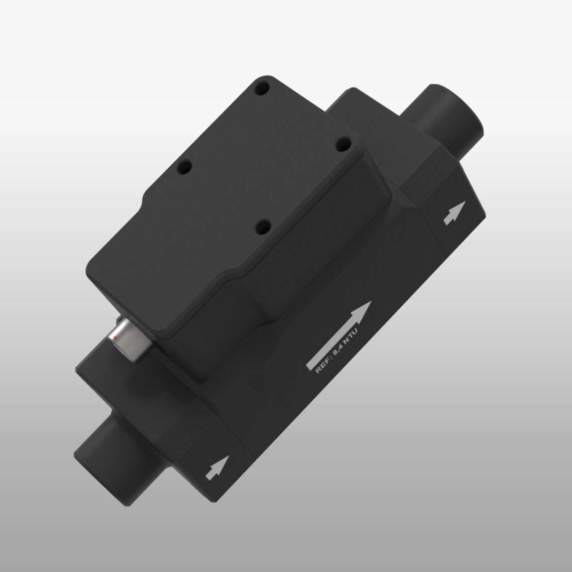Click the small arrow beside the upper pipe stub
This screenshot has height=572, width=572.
coord(452,213)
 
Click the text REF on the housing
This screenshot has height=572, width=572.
coord(322,365)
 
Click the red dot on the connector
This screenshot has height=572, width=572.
coord(115,339)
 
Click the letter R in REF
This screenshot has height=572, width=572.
coord(317,370)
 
